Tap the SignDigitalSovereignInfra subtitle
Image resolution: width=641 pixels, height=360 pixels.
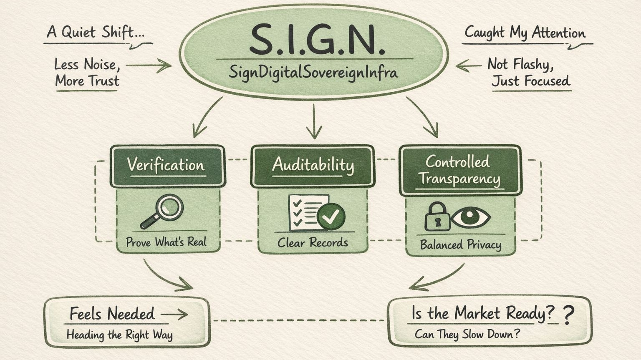tap(313, 72)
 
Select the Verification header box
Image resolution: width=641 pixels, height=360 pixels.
tap(167, 165)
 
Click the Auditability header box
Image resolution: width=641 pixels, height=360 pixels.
tap(313, 165)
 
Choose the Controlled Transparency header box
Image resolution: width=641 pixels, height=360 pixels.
tap(460, 170)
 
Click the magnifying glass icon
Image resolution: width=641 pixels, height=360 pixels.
tap(163, 211)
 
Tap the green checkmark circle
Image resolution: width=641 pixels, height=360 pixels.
tap(331, 216)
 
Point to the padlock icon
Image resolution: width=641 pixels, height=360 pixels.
tap(437, 217)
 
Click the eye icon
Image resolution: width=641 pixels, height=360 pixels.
tap(470, 217)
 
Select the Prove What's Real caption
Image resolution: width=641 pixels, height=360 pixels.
tap(166, 242)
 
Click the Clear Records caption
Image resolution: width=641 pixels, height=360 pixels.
tap(313, 242)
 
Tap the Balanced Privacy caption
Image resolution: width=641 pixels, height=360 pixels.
tap(460, 244)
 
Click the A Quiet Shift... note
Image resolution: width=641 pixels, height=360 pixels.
tap(96, 32)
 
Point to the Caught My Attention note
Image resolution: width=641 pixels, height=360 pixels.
tap(525, 33)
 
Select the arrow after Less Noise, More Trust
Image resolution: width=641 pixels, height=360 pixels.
tap(149, 65)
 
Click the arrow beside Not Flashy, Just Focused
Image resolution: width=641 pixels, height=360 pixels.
tap(468, 65)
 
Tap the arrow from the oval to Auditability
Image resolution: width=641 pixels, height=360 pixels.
tap(314, 121)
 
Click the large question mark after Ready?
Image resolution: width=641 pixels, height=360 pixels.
tap(568, 315)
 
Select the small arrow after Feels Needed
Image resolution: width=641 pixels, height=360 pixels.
tap(174, 315)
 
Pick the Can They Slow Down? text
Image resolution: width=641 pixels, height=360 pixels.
tap(467, 334)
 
